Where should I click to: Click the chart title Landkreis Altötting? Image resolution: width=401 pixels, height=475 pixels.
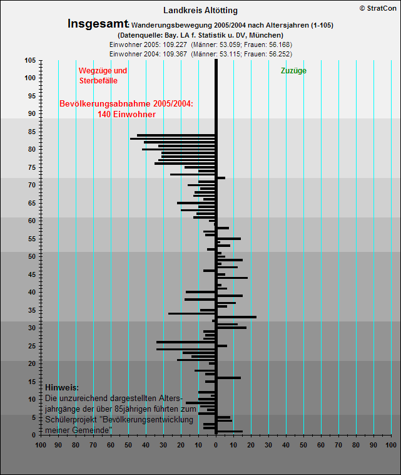(200, 11)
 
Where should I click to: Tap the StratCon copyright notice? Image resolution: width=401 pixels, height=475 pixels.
(378, 9)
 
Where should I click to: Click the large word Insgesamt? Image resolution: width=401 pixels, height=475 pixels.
(98, 24)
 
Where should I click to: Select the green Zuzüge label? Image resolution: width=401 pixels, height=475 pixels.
(293, 71)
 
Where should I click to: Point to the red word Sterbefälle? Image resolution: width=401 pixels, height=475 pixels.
(98, 81)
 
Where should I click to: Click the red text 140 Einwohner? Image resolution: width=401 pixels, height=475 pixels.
(126, 114)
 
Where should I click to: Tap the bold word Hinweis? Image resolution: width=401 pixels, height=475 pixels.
(62, 387)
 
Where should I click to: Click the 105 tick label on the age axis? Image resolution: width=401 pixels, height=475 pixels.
(30, 60)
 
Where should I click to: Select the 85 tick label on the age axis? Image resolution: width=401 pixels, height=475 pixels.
(32, 132)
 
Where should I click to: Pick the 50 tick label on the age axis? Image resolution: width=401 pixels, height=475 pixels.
(32, 256)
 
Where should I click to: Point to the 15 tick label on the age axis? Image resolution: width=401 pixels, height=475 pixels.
(32, 382)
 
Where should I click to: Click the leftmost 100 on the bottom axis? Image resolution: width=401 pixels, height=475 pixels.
(41, 445)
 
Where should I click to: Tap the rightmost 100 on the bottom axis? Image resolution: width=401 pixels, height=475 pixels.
(391, 445)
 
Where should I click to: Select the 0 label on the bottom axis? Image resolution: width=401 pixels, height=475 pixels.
(216, 445)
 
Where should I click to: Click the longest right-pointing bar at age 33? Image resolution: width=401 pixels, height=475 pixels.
(237, 317)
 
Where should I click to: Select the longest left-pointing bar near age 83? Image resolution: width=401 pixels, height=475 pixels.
(173, 138)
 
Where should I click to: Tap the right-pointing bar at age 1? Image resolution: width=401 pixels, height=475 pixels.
(230, 431)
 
